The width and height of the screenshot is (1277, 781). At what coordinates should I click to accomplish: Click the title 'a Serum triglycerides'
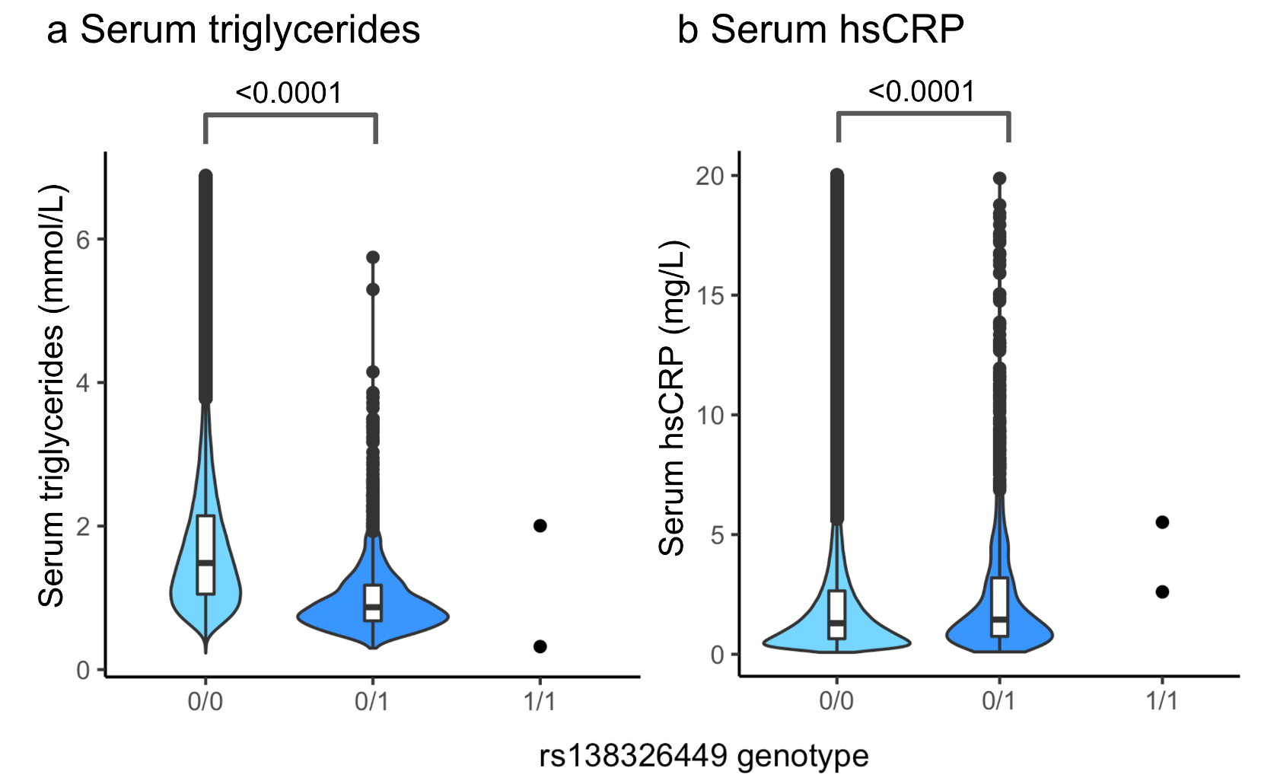(x=233, y=30)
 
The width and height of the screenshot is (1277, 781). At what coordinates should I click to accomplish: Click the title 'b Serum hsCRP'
(x=820, y=30)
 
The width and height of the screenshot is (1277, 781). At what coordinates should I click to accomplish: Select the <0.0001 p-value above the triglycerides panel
(x=289, y=93)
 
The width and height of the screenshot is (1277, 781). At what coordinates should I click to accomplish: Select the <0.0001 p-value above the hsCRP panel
(x=922, y=91)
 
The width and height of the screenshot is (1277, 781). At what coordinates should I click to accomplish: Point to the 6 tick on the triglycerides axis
(x=83, y=240)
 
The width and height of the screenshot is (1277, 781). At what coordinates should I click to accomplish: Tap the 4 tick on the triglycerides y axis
(x=83, y=383)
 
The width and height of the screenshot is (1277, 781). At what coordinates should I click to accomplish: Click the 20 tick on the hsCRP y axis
(x=709, y=176)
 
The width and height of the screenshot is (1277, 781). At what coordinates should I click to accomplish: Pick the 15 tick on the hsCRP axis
(x=709, y=295)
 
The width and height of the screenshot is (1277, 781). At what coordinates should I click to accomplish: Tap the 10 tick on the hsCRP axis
(x=709, y=416)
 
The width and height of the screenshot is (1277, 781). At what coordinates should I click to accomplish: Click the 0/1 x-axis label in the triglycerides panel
(x=372, y=701)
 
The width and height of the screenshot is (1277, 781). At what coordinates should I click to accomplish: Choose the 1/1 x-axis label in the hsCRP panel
(x=1161, y=701)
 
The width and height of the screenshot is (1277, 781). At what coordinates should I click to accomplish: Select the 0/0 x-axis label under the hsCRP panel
(x=836, y=701)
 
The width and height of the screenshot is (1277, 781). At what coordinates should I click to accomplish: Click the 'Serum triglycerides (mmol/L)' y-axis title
(x=53, y=396)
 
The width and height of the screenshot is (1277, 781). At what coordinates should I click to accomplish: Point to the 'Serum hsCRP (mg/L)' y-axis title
(x=672, y=398)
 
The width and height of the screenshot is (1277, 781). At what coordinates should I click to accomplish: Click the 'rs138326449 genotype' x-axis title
(x=704, y=757)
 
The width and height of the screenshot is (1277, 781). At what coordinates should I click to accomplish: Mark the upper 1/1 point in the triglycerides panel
(x=540, y=526)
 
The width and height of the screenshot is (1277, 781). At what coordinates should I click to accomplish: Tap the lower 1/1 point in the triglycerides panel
(x=540, y=646)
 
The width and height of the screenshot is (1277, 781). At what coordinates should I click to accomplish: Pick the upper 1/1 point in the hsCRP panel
(x=1162, y=522)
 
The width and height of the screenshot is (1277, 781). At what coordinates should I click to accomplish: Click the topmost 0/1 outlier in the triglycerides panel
(x=373, y=257)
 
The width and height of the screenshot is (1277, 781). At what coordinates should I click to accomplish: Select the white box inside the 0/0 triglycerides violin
(x=205, y=554)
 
